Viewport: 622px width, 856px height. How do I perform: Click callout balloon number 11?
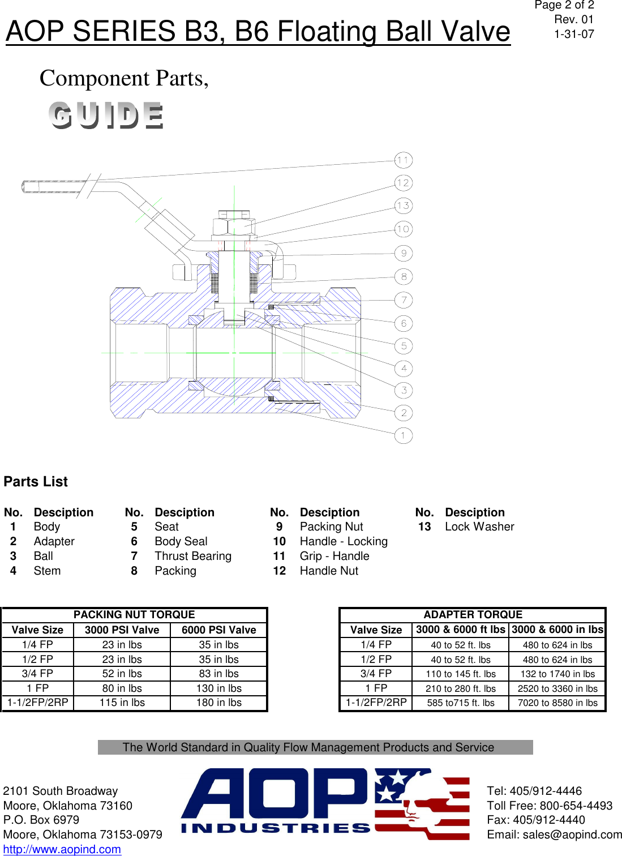click(x=403, y=160)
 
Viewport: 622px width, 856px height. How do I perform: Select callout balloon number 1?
click(x=403, y=435)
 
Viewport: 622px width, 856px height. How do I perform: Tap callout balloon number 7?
click(x=404, y=300)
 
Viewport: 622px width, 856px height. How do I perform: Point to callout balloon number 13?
click(x=403, y=206)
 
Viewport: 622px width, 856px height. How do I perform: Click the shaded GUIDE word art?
click(x=106, y=115)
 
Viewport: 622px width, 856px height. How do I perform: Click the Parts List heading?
click(x=36, y=482)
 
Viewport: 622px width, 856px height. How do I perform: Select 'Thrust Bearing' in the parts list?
click(x=193, y=556)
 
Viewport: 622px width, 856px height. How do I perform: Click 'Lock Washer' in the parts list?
click(x=479, y=527)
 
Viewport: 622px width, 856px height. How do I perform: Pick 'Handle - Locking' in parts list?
click(x=344, y=541)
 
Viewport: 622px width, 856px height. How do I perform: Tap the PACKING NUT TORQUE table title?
click(x=134, y=615)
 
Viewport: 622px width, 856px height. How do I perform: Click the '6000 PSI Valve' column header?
click(x=218, y=630)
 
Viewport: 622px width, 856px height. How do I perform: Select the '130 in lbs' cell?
click(x=218, y=688)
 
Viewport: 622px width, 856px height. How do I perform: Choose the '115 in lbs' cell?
click(x=122, y=703)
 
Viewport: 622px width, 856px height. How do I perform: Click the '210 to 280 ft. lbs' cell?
click(x=461, y=688)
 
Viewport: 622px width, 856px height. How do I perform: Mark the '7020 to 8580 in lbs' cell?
click(x=557, y=703)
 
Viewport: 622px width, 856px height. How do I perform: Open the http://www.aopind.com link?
click(x=62, y=849)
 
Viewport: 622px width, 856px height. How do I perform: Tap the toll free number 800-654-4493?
click(x=576, y=806)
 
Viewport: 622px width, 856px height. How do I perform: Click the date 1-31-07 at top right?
click(x=574, y=34)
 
